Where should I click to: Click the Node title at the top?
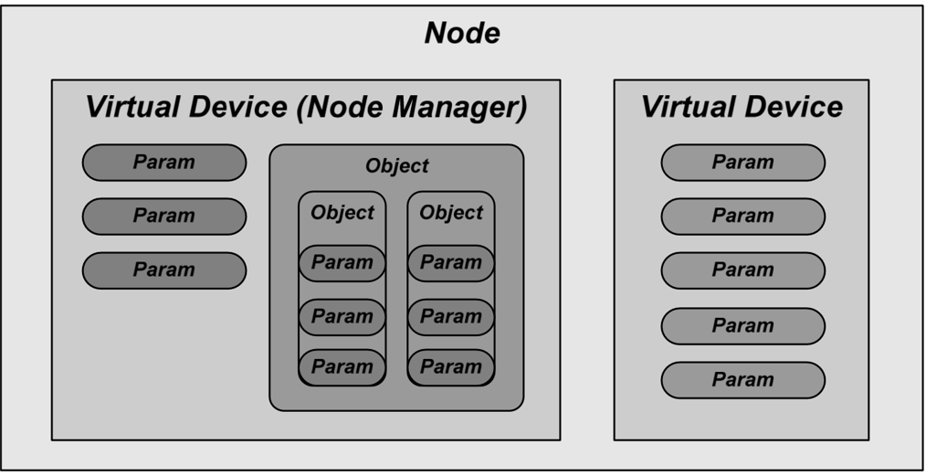(x=462, y=34)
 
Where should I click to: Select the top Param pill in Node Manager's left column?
(x=164, y=163)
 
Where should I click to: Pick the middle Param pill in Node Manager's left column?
(x=164, y=217)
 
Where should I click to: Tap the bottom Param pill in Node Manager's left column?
(x=164, y=270)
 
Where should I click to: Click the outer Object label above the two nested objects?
(x=396, y=166)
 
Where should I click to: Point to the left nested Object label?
(x=342, y=213)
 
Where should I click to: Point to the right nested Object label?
(x=451, y=213)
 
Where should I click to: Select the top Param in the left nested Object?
(x=342, y=263)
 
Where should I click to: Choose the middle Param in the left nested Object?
(x=342, y=317)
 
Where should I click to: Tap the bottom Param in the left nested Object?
(x=342, y=367)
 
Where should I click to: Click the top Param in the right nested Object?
(x=451, y=263)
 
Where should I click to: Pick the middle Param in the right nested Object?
(x=451, y=317)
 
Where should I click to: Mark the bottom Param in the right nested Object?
(x=451, y=367)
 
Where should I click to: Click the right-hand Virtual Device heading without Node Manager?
(x=742, y=107)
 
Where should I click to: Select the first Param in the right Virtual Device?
(x=742, y=163)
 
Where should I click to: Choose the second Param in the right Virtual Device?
(x=742, y=217)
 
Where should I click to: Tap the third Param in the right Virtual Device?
(x=742, y=270)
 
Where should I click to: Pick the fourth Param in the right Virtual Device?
(x=742, y=326)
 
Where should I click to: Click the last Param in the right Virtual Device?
(x=742, y=380)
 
